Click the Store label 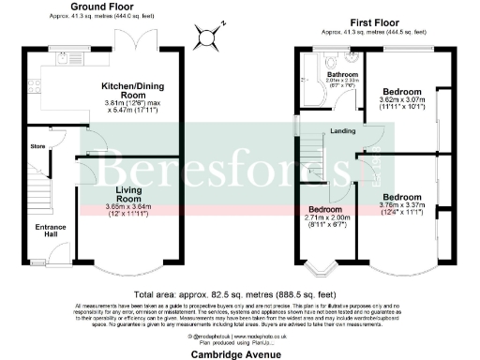(x=37, y=146)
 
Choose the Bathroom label (x=342, y=74)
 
